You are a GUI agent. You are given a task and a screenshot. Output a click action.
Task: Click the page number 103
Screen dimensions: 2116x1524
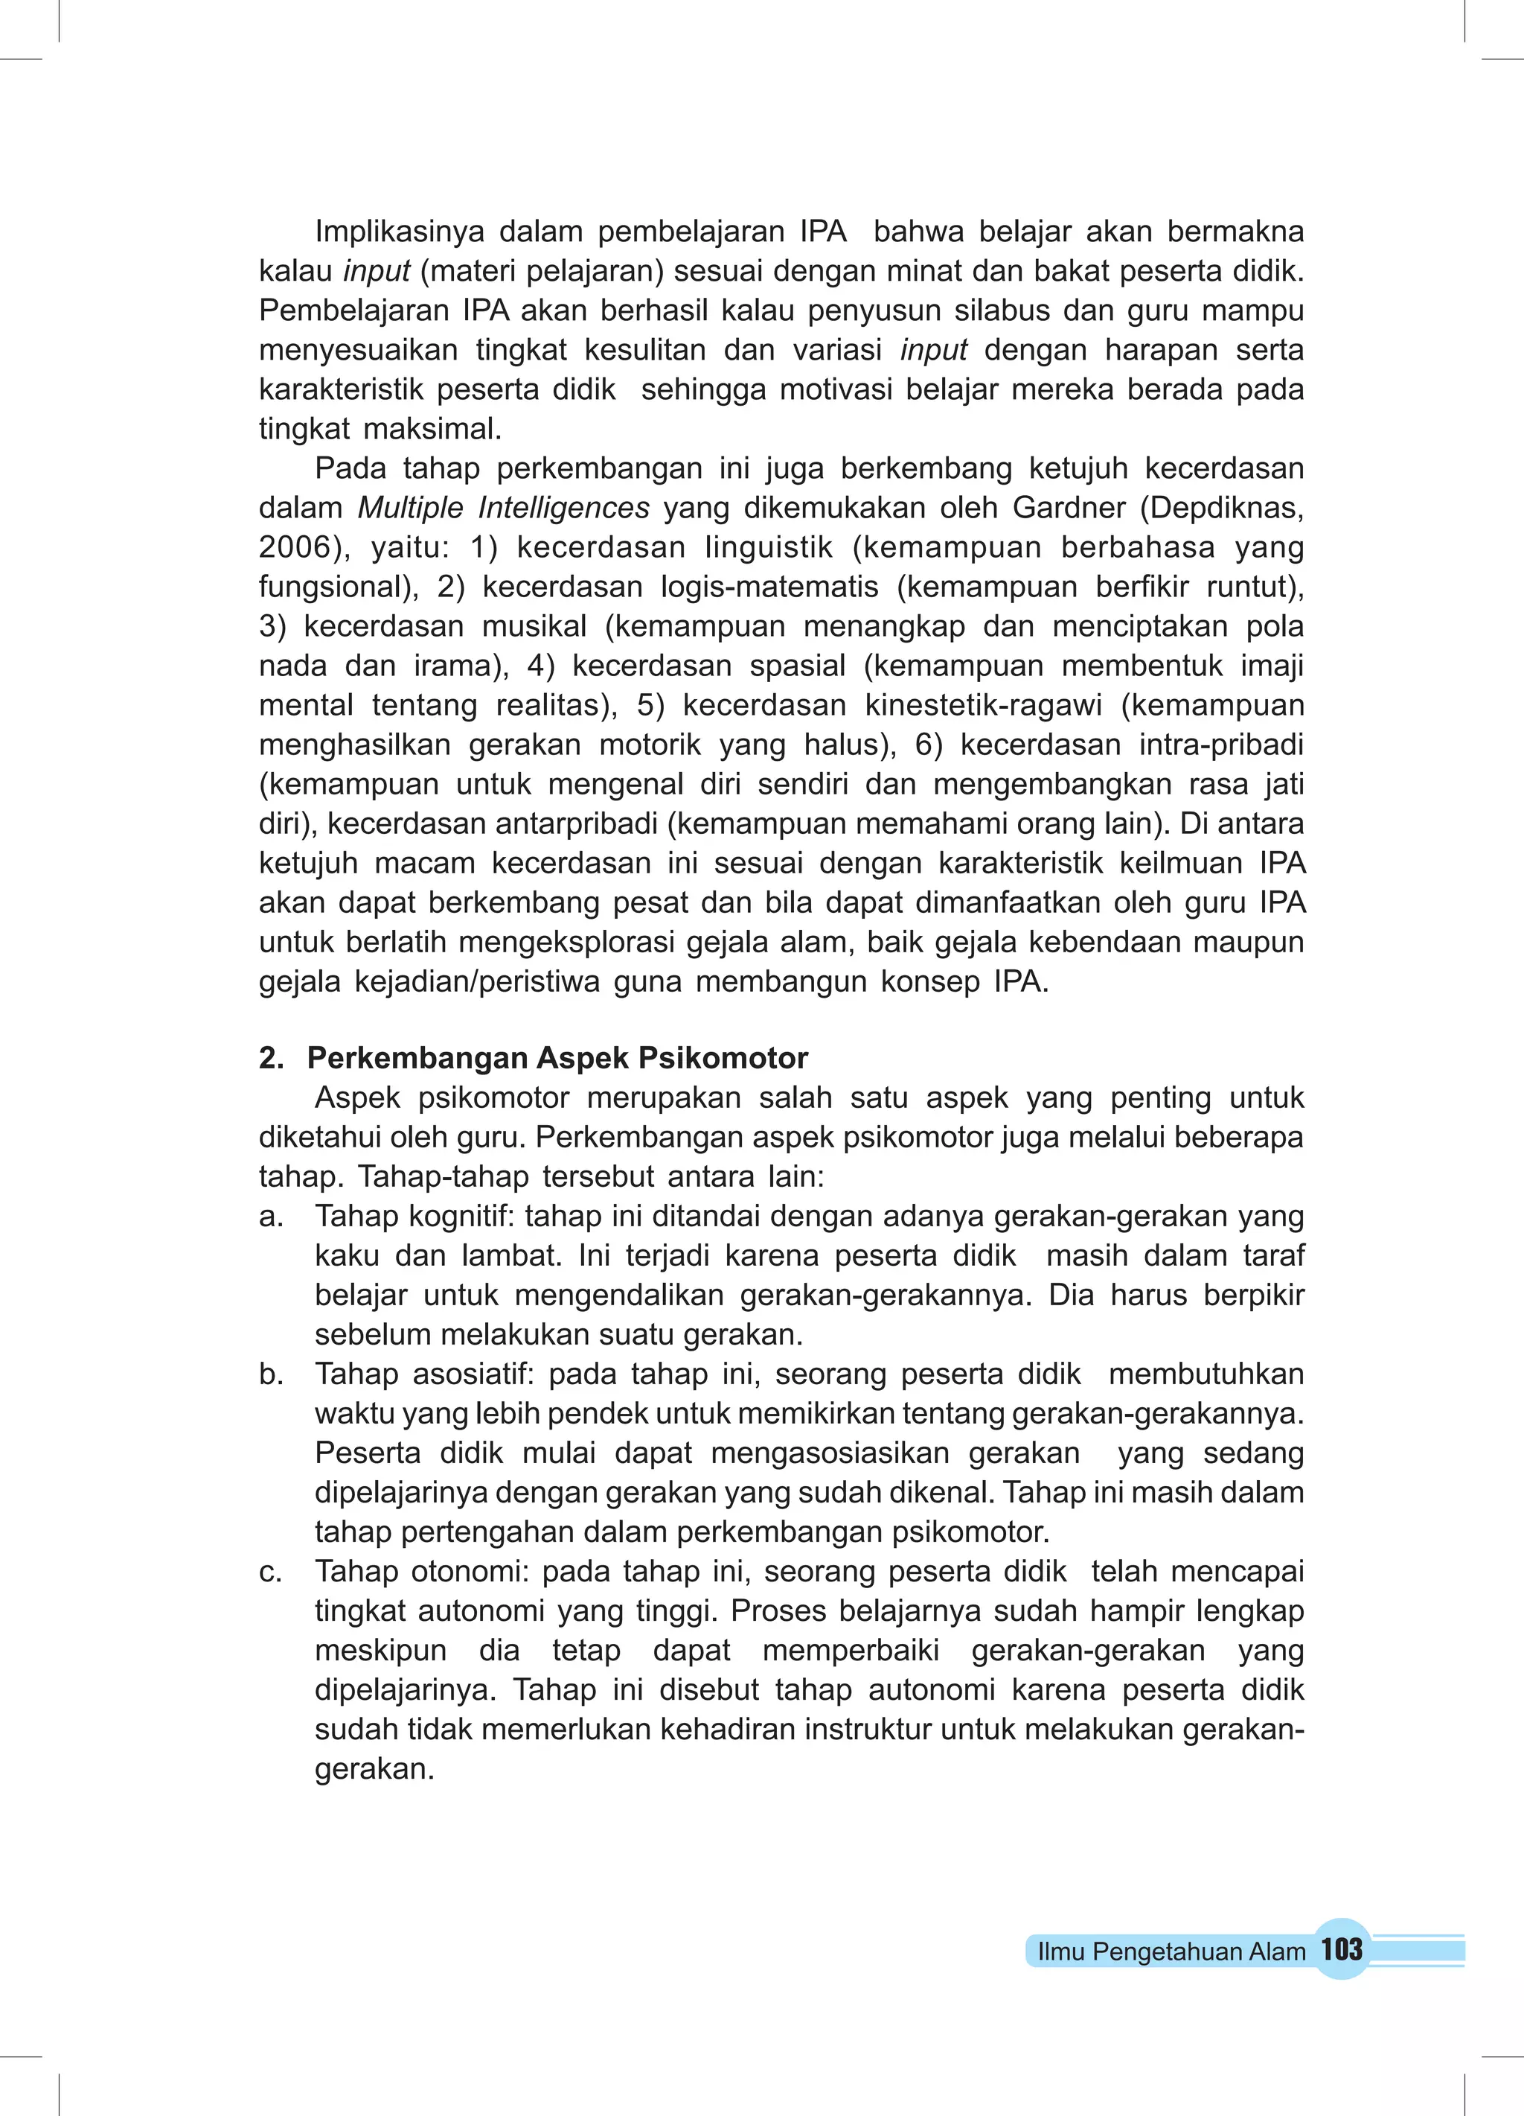click(1341, 1949)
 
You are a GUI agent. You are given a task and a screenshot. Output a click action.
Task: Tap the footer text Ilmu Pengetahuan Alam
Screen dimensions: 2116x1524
click(1171, 1951)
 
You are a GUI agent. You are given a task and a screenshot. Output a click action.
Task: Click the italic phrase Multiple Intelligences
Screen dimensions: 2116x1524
click(504, 508)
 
